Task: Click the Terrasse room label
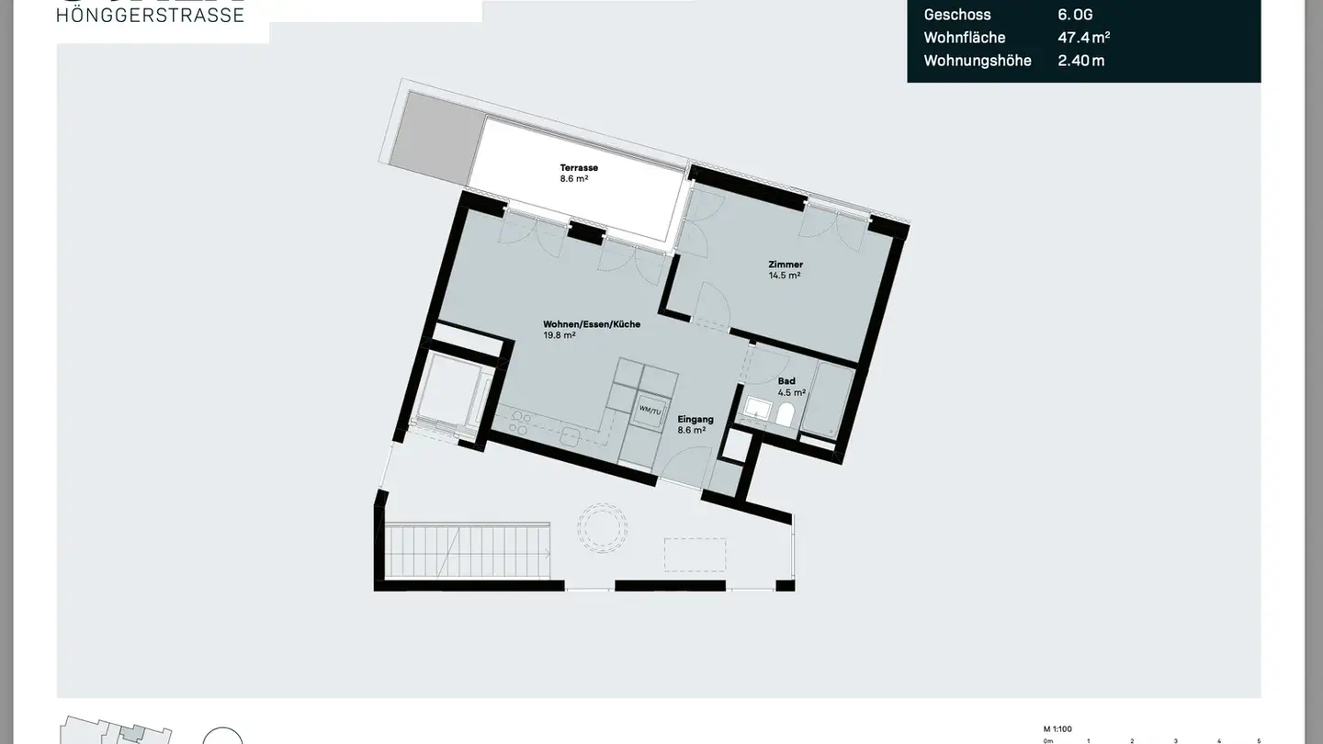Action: pos(579,167)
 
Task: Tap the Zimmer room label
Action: pos(786,265)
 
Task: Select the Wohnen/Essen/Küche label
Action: pos(592,324)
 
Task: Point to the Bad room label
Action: pos(786,380)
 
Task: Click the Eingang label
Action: pos(695,419)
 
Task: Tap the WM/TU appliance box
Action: pos(650,410)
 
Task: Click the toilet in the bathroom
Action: pos(786,415)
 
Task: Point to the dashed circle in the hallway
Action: pos(602,528)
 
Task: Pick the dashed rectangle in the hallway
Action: pos(695,555)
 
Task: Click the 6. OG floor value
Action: pos(1075,15)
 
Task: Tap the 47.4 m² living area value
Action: pos(1083,38)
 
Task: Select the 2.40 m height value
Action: pos(1081,61)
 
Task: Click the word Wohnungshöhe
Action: pos(978,61)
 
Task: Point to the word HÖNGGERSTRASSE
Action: pos(151,15)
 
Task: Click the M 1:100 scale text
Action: pos(1058,727)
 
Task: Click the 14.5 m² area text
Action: pos(785,275)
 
